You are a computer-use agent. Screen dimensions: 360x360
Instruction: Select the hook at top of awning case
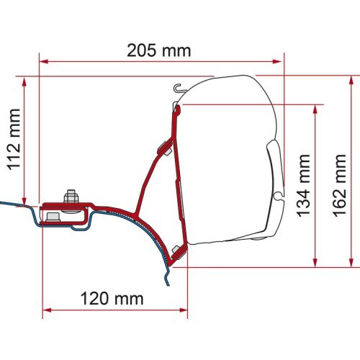click(179, 89)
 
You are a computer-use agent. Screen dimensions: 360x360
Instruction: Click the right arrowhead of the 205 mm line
click(282, 61)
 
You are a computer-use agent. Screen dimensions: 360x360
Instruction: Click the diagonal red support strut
click(148, 180)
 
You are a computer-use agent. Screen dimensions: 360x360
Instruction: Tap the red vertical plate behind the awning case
click(174, 180)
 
